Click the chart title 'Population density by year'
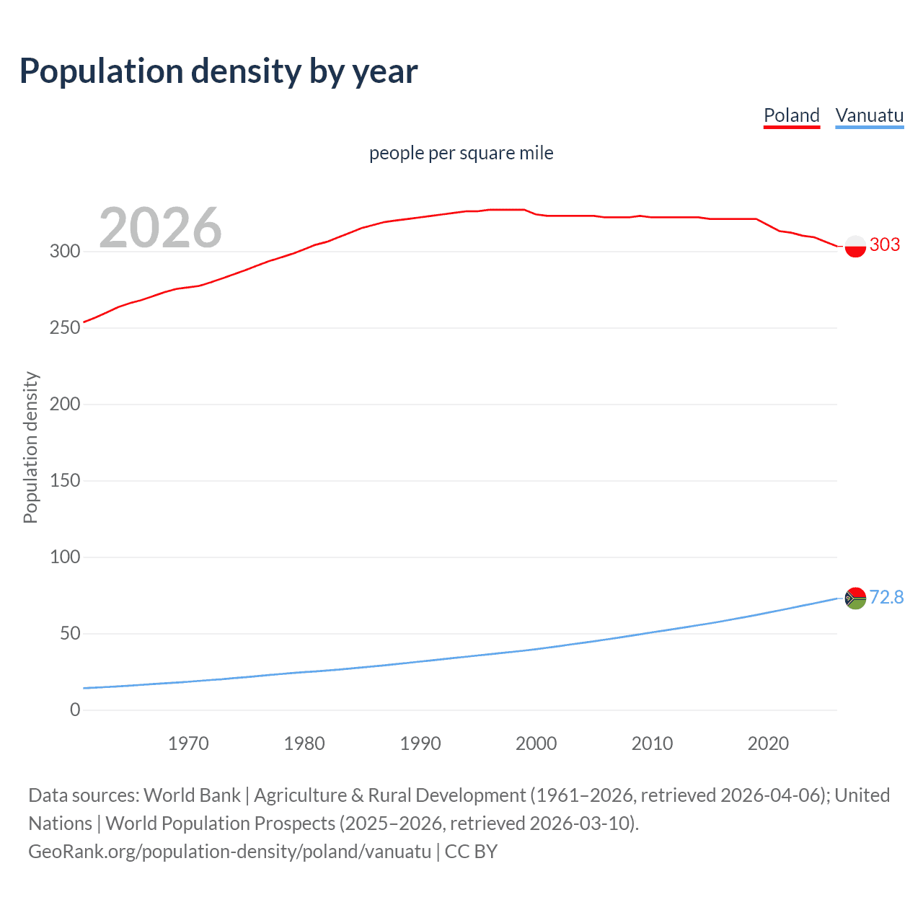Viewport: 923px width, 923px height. click(218, 71)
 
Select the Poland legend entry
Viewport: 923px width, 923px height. click(791, 115)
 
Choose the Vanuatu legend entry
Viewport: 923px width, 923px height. click(869, 115)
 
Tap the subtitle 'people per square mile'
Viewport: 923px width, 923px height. click(461, 153)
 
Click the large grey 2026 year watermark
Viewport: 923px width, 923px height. click(160, 228)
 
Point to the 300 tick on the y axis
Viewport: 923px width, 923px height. click(64, 251)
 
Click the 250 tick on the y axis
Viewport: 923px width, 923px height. click(64, 327)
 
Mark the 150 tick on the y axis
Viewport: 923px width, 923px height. click(64, 480)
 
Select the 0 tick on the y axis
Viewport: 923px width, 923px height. click(75, 710)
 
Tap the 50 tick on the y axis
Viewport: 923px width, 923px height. click(69, 633)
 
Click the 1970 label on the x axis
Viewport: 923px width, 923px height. click(188, 743)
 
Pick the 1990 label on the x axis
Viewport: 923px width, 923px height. click(420, 743)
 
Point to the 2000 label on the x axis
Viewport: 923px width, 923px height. click(536, 743)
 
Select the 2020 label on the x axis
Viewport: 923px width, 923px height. click(768, 743)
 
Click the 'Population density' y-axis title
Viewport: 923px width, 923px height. click(30, 447)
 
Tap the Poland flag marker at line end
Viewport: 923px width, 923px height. click(854, 246)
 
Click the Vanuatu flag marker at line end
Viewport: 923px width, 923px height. click(854, 598)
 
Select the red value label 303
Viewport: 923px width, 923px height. click(885, 244)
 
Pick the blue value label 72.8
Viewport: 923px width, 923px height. click(886, 597)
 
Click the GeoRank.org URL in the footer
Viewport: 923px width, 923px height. click(229, 852)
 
